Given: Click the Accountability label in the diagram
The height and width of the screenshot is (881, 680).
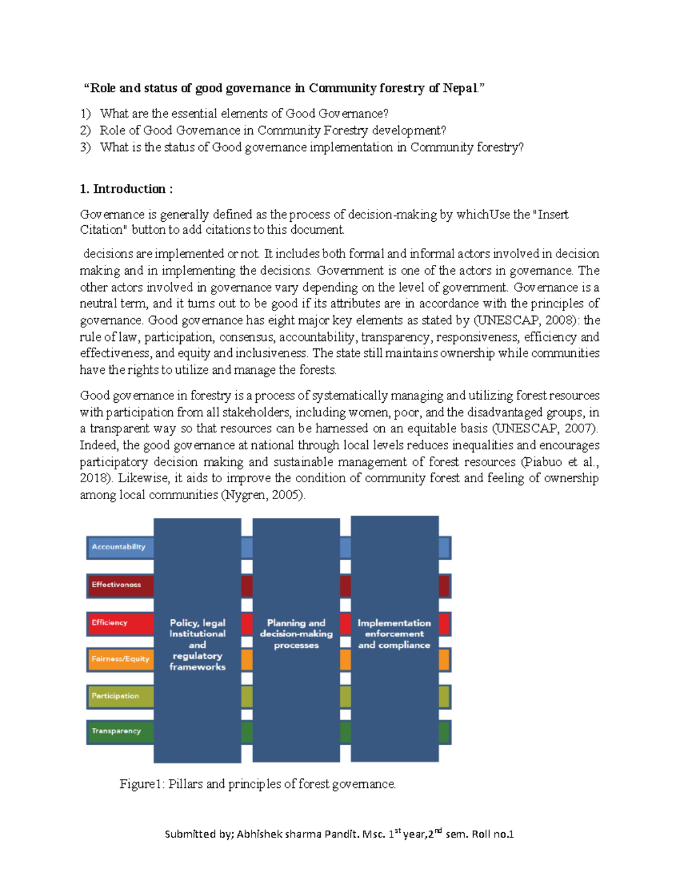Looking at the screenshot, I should click(119, 547).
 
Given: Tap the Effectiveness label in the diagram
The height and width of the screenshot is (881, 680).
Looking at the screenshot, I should click(117, 585).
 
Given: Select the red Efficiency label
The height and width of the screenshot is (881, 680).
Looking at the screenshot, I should click(110, 623).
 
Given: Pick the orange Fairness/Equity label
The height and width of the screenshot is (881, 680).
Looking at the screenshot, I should click(121, 659).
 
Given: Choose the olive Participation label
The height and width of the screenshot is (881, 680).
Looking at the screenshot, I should click(116, 696).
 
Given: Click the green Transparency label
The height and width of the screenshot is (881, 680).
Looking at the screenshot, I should click(117, 731).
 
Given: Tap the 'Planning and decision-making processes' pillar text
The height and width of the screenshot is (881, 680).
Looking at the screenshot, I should click(296, 634).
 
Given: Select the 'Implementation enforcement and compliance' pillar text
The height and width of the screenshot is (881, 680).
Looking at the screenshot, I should click(394, 634).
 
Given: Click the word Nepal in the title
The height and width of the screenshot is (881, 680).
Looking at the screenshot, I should click(461, 88).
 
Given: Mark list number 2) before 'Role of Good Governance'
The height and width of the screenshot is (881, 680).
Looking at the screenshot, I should click(85, 130).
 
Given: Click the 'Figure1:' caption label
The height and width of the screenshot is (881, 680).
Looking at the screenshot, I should click(142, 784).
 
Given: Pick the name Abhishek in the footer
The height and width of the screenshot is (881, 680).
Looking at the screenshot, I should click(258, 834).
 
